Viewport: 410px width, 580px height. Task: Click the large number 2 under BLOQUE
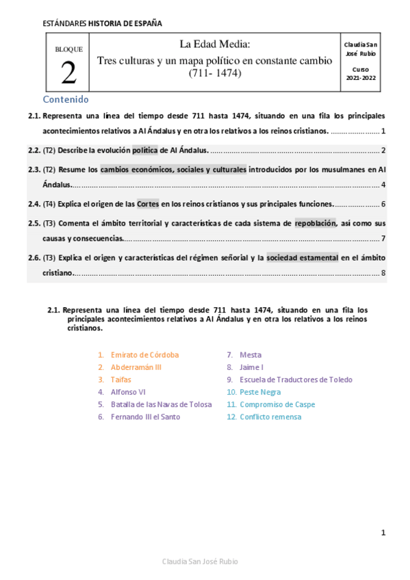pyautogui.click(x=68, y=73)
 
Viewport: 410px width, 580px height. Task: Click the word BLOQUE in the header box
pyautogui.click(x=68, y=49)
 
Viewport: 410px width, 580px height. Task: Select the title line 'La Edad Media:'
pyautogui.click(x=215, y=44)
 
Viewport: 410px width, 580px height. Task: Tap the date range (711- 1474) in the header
pyautogui.click(x=215, y=73)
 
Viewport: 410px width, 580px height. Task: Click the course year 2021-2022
pyautogui.click(x=361, y=79)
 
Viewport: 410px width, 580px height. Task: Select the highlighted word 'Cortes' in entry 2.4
pyautogui.click(x=148, y=204)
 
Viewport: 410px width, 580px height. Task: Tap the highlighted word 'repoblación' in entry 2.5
pyautogui.click(x=316, y=223)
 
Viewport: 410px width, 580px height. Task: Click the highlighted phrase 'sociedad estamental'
pyautogui.click(x=302, y=258)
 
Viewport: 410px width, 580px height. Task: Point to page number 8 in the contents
pyautogui.click(x=384, y=274)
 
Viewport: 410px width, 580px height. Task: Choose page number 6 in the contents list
pyautogui.click(x=384, y=204)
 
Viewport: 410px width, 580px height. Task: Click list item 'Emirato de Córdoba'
pyautogui.click(x=144, y=355)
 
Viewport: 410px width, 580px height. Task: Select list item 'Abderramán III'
pyautogui.click(x=136, y=367)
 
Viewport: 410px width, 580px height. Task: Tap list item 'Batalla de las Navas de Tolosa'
pyautogui.click(x=161, y=404)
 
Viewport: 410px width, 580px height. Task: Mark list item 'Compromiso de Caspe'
pyautogui.click(x=277, y=404)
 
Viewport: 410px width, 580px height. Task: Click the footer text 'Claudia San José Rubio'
pyautogui.click(x=200, y=562)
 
